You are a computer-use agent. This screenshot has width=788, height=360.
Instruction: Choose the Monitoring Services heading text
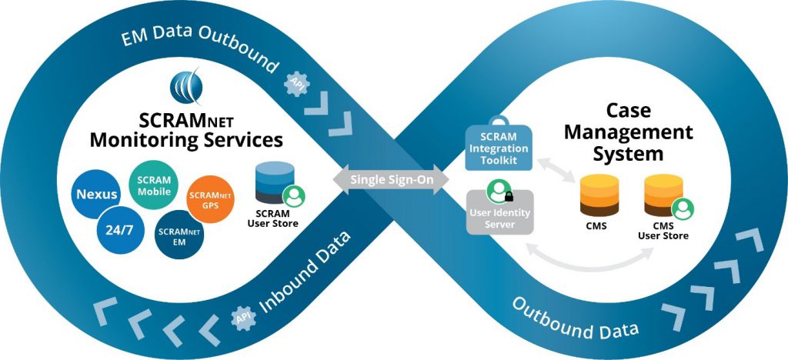click(185, 140)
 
